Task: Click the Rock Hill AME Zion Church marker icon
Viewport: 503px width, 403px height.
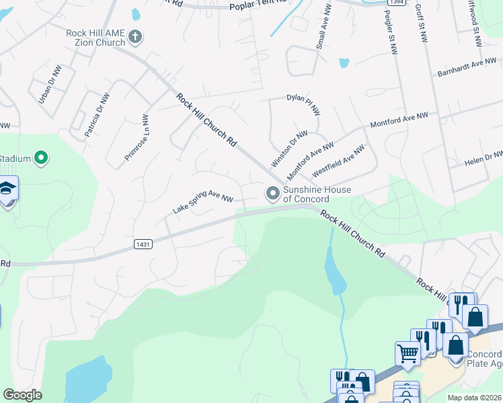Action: (x=135, y=36)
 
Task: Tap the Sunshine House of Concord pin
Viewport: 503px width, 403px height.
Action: (x=273, y=193)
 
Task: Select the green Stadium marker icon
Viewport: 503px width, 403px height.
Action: (x=41, y=159)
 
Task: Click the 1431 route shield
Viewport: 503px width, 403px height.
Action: (x=143, y=244)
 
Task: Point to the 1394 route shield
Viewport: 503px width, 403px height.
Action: (x=395, y=2)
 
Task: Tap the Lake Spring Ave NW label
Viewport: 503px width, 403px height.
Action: (x=202, y=201)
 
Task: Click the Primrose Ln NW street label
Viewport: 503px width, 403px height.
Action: (x=137, y=138)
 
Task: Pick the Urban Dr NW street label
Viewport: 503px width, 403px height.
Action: (x=49, y=85)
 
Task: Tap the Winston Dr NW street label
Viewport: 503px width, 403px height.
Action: (x=289, y=149)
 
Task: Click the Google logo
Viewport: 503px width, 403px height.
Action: (x=22, y=395)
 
